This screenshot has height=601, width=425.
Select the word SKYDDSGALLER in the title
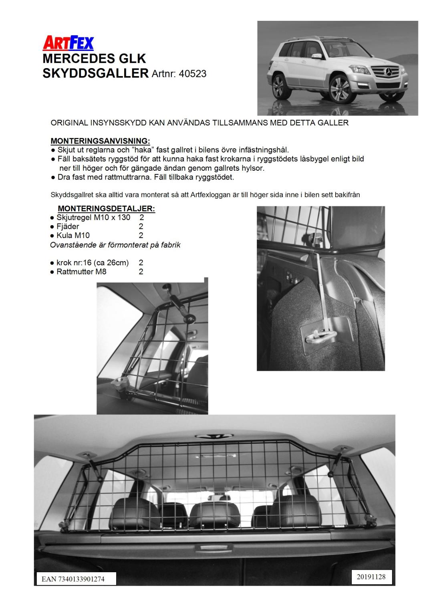coord(95,73)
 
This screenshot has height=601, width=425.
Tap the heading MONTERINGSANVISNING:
coord(100,141)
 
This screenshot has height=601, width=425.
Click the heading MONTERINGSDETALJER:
coord(106,209)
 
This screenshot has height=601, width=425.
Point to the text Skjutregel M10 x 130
coord(93,218)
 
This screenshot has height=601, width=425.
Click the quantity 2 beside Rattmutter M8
coord(141,272)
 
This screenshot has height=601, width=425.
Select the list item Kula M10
coord(73,236)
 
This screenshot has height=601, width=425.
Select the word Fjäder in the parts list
coord(68,227)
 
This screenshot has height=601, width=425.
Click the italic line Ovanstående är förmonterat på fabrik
coord(115,245)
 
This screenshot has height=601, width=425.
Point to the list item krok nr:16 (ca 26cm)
coord(93,263)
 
